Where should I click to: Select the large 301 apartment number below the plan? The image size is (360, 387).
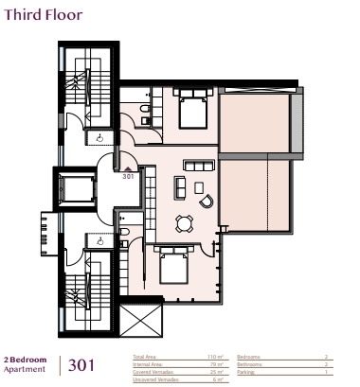[x=82, y=365]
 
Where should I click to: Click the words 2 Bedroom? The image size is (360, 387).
[x=21, y=361]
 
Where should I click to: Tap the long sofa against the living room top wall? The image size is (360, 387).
[x=199, y=167]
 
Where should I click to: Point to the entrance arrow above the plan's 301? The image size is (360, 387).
[x=127, y=167]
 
